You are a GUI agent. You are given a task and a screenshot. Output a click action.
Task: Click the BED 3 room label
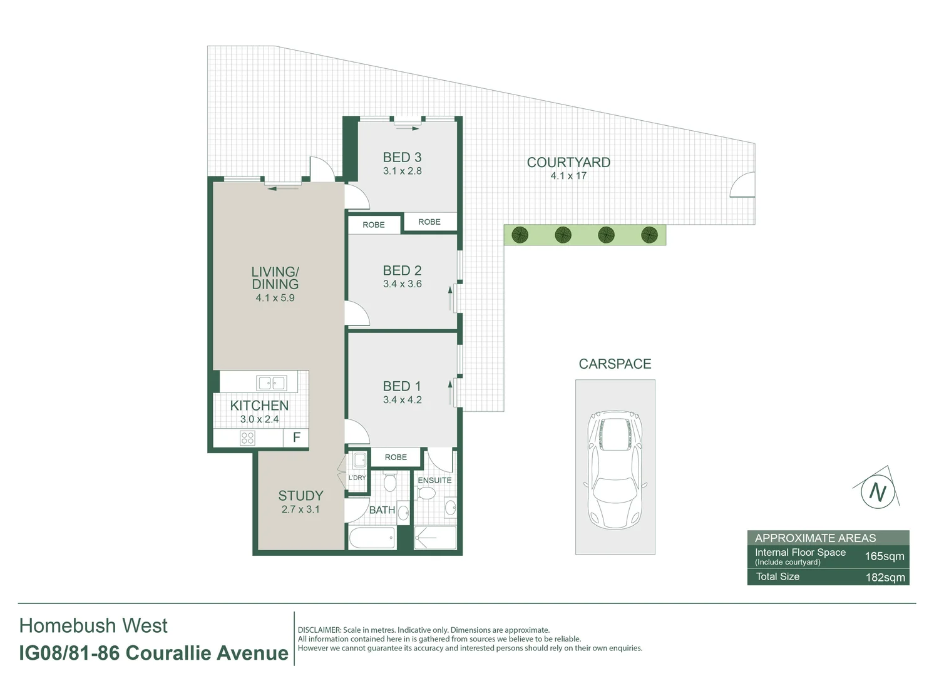[402, 157]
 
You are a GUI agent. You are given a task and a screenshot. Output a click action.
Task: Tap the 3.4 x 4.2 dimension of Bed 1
[402, 400]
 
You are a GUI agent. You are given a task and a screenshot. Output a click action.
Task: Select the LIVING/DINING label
[275, 278]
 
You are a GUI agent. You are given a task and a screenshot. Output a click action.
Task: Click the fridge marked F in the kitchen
[297, 438]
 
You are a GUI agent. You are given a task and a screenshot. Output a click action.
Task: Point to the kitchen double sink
[271, 382]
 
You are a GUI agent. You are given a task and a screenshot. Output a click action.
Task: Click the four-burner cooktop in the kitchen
[247, 438]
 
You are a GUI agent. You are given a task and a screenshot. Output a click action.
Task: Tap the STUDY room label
[300, 496]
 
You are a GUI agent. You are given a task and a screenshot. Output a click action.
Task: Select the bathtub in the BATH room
[372, 538]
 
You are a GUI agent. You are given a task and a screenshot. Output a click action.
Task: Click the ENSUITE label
[434, 480]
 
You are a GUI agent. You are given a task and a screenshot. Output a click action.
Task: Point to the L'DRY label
[357, 478]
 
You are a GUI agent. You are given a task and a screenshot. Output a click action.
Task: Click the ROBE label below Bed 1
[396, 457]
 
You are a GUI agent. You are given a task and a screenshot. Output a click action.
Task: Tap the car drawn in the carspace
[615, 468]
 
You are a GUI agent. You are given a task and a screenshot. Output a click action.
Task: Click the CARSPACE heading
[615, 364]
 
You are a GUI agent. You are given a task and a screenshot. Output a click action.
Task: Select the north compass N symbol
[878, 492]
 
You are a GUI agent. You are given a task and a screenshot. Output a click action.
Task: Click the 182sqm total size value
[885, 577]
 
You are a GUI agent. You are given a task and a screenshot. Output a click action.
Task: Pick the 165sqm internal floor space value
[884, 556]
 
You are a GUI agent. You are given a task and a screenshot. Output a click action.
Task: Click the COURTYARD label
[568, 162]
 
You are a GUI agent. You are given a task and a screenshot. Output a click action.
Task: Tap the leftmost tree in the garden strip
[520, 235]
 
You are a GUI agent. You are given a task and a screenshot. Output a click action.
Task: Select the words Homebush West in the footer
[94, 625]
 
